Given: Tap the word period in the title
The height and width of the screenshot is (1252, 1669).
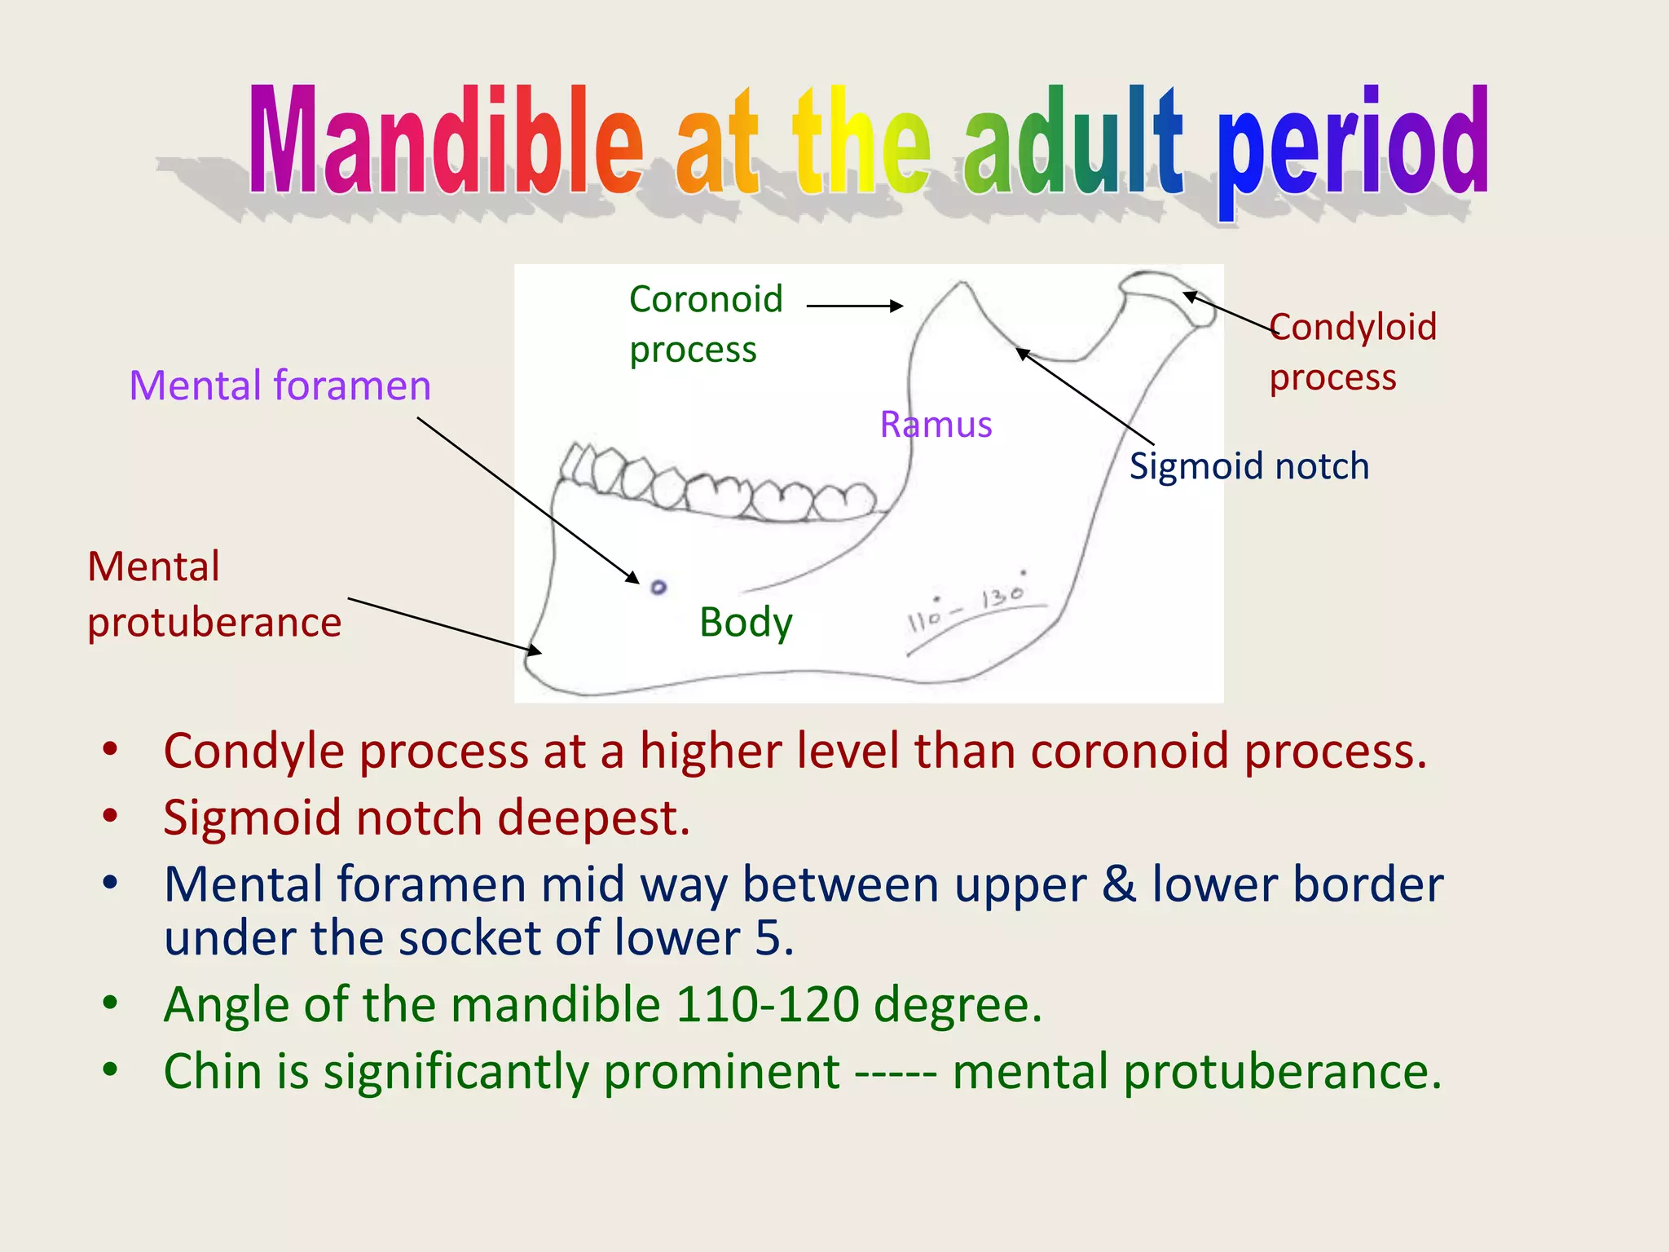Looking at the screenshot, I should point(1353,147).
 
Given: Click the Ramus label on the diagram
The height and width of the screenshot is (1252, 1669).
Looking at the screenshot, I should point(936,425).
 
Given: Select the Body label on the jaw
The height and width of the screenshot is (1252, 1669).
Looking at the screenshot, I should point(745,623).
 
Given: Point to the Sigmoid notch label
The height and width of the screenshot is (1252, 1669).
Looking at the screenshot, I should point(1248,466).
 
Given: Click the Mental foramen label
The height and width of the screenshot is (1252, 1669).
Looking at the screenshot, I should point(280,386).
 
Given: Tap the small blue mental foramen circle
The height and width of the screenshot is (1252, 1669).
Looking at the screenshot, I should point(658,587).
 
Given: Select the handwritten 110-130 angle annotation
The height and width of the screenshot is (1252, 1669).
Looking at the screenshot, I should point(968,607).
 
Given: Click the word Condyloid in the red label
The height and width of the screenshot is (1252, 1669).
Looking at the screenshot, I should point(1353,327).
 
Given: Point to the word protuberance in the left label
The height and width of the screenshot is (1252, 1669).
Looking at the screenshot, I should point(214,623).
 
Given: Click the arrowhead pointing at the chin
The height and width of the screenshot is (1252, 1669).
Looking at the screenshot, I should point(535,650).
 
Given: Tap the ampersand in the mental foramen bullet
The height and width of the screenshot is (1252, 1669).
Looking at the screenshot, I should point(1118,885).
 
